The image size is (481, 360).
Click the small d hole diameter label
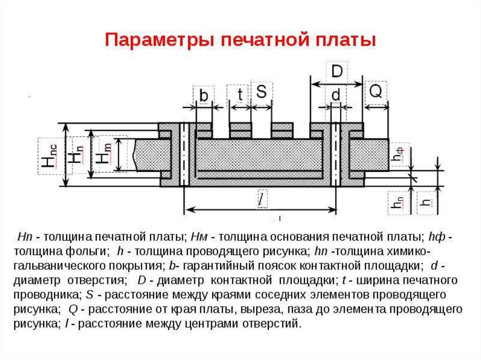(336, 95)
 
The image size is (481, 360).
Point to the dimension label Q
(375, 92)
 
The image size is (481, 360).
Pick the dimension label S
(261, 92)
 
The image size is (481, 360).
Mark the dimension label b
(203, 95)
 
